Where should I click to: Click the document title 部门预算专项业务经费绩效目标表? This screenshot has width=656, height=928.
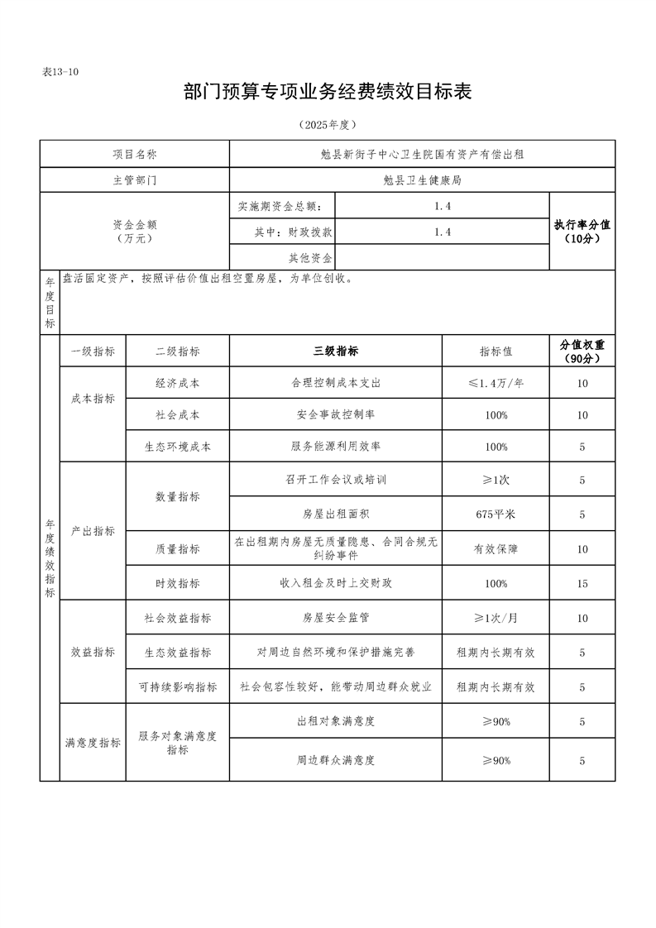point(328,92)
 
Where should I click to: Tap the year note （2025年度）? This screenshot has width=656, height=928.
point(328,125)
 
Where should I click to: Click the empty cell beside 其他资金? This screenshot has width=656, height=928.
point(442,257)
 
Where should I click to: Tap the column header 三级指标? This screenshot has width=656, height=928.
point(335,351)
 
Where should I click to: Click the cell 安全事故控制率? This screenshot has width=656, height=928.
point(335,414)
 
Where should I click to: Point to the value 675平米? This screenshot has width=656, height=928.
point(496,514)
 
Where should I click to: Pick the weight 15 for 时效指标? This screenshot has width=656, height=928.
point(582,584)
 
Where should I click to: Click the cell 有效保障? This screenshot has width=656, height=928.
point(496,549)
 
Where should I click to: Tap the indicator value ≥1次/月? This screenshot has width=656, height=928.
point(496,618)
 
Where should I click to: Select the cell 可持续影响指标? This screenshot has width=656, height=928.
point(177,687)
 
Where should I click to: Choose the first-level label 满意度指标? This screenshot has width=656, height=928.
point(93,743)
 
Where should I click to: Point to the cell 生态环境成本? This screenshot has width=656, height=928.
point(177,447)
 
